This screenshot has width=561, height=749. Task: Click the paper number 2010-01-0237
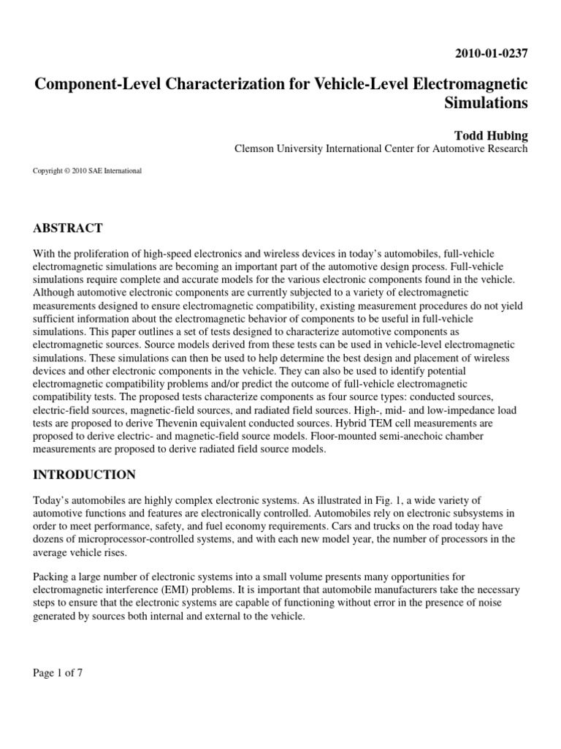[x=491, y=53]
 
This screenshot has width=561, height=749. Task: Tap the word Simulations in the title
[x=486, y=102]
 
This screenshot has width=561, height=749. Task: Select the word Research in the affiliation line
[x=505, y=148]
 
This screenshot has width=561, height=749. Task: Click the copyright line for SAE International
[x=87, y=171]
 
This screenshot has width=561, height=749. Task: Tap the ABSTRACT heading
[x=68, y=227]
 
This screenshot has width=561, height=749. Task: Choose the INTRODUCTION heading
[x=84, y=475]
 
